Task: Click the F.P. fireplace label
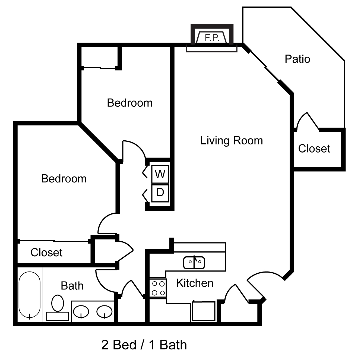click(212, 38)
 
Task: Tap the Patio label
click(297, 59)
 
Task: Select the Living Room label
click(232, 141)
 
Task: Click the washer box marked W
click(160, 174)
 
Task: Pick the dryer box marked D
click(160, 193)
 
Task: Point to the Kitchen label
click(195, 283)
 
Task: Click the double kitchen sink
click(194, 263)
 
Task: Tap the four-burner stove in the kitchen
click(158, 288)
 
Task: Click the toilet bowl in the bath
click(58, 303)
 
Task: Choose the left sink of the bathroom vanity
click(81, 311)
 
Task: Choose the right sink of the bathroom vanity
click(104, 311)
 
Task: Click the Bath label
click(72, 286)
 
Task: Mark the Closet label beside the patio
click(314, 149)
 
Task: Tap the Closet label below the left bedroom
click(46, 252)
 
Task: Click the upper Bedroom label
click(130, 103)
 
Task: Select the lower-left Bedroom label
click(64, 179)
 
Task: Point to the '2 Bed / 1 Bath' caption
click(144, 345)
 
